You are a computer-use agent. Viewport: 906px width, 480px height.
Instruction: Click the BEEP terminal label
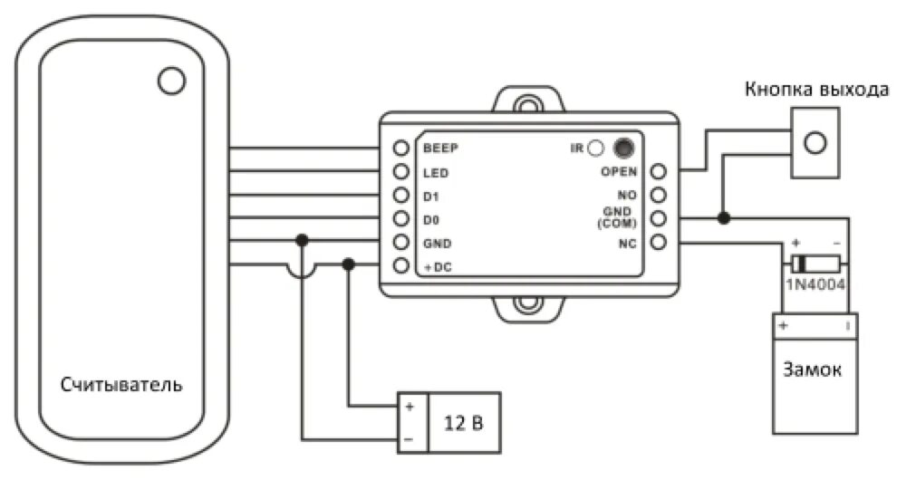(441, 148)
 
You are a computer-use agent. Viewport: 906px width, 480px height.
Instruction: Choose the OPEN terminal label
(620, 171)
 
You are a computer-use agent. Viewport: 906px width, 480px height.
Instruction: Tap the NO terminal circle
(659, 195)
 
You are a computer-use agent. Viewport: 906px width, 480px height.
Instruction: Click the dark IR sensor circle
(622, 147)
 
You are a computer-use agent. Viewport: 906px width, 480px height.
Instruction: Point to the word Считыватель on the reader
(121, 384)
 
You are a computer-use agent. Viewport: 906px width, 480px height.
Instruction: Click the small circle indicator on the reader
(170, 81)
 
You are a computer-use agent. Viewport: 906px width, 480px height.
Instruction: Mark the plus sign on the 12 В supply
(410, 407)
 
